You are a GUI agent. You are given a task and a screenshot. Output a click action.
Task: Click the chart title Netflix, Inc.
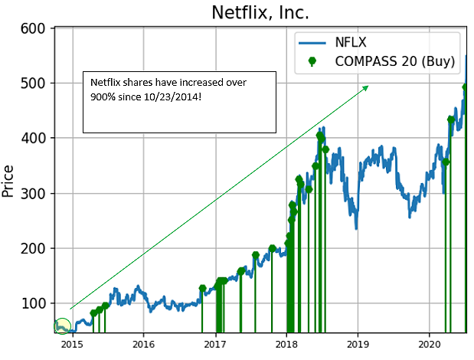click(x=261, y=13)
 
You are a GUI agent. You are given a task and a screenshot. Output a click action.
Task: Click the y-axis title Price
click(x=10, y=181)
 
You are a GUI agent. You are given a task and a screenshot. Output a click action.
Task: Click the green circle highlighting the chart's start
click(x=62, y=327)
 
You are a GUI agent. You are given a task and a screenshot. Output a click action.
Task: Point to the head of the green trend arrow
click(x=367, y=87)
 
